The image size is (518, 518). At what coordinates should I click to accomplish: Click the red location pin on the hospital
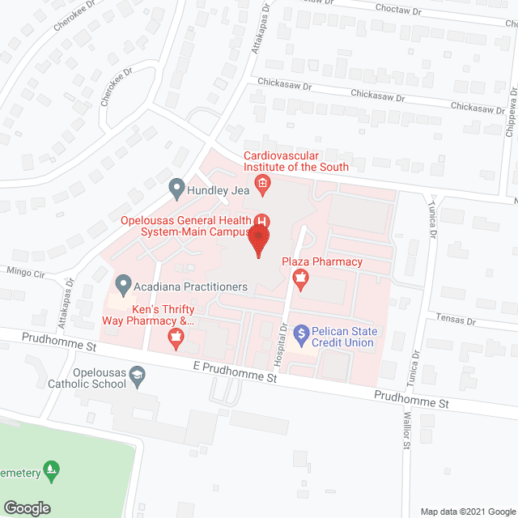pyautogui.click(x=259, y=240)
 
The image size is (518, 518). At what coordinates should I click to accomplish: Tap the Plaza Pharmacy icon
pyautogui.click(x=301, y=280)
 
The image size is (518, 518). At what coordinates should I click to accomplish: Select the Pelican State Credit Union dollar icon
pyautogui.click(x=301, y=332)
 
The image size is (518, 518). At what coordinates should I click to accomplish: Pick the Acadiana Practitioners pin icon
pyautogui.click(x=123, y=285)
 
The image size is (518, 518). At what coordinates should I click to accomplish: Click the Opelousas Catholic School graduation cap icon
pyautogui.click(x=138, y=375)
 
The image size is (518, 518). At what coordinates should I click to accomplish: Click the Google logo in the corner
pyautogui.click(x=27, y=507)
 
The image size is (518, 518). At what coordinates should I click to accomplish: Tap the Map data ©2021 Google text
pyautogui.click(x=467, y=511)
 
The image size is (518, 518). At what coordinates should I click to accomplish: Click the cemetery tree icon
pyautogui.click(x=51, y=468)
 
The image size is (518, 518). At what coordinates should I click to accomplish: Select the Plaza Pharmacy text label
pyautogui.click(x=322, y=262)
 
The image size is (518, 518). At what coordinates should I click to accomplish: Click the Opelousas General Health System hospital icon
pyautogui.click(x=262, y=220)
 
